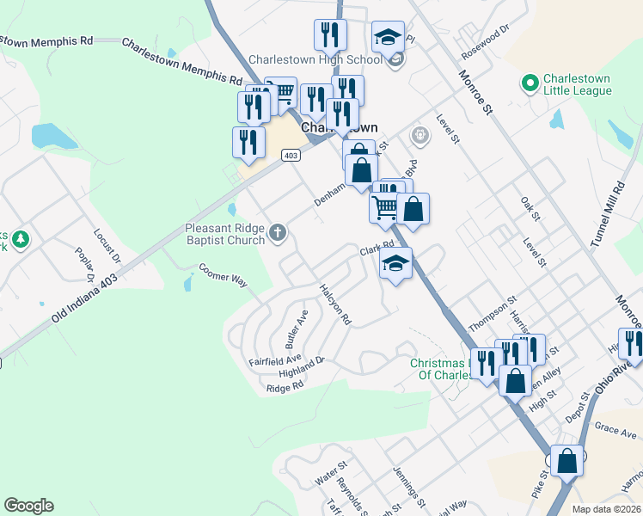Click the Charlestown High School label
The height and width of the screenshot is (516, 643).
(315, 60)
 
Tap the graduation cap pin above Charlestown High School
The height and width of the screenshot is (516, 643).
(389, 37)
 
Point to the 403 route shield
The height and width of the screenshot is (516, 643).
(291, 155)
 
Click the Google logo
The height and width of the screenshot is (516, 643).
(28, 506)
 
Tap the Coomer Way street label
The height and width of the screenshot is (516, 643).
(223, 273)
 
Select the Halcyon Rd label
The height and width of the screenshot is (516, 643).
(335, 304)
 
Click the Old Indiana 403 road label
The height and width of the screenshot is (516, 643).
(83, 298)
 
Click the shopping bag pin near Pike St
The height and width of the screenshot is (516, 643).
(566, 462)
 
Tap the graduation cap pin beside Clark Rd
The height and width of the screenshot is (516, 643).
(395, 265)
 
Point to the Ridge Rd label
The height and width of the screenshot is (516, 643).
(285, 388)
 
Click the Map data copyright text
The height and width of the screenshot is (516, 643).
(607, 509)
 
